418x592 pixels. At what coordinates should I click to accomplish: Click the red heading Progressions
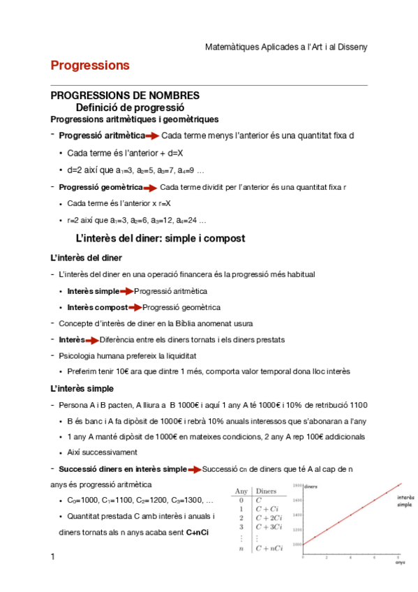[x=90, y=66]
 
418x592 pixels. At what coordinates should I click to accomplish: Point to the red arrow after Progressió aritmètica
[x=152, y=135]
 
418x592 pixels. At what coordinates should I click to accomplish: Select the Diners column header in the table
[x=266, y=491]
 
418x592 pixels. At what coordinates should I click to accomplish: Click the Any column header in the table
[x=241, y=491]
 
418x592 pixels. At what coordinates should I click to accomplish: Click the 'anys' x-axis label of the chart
[x=400, y=561]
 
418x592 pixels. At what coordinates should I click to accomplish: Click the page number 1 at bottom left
[x=52, y=556]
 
